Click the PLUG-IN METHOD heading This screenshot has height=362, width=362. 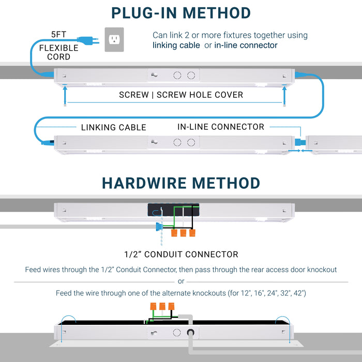point(181,13)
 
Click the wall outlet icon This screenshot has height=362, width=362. point(115,39)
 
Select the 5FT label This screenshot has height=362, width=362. point(58,35)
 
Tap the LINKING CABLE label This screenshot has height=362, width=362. point(113,127)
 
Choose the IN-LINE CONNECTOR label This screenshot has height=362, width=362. point(221,127)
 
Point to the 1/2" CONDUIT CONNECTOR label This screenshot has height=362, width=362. point(181,254)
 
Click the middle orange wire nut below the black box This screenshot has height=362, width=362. point(183,233)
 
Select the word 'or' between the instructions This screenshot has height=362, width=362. point(181,281)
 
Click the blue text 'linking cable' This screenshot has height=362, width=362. point(176,46)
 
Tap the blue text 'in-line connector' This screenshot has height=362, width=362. point(246,46)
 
